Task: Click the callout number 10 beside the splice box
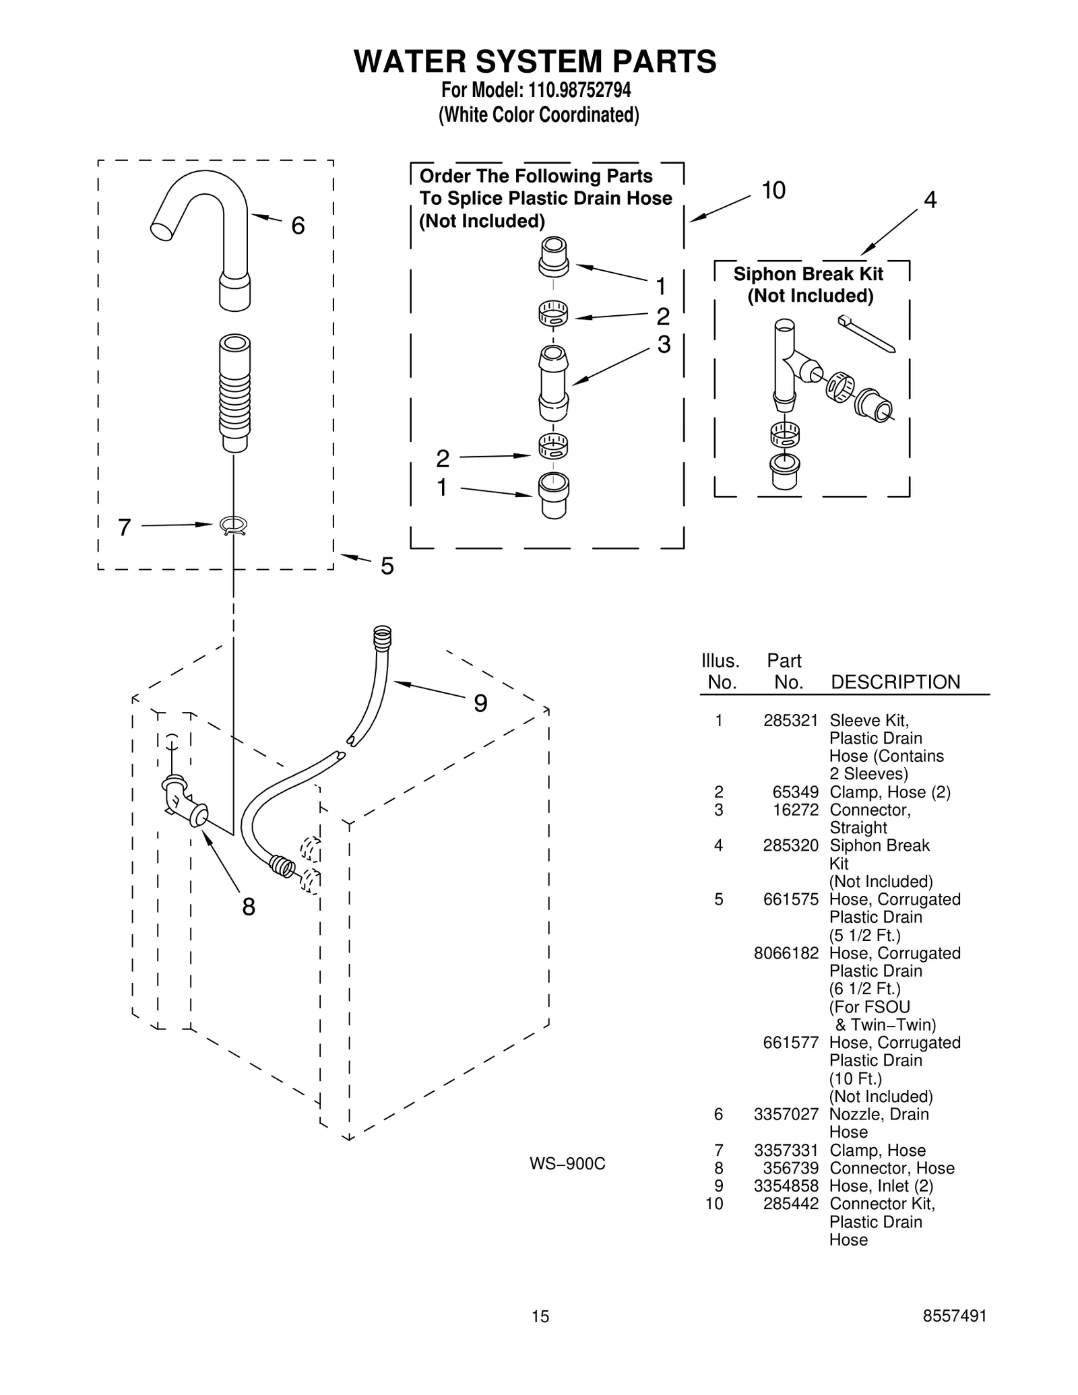pyautogui.click(x=773, y=191)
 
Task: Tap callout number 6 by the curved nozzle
pyautogui.click(x=298, y=226)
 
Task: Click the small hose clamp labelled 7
pyautogui.click(x=234, y=525)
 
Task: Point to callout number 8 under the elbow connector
pyautogui.click(x=249, y=907)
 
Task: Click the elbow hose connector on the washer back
pyautogui.click(x=183, y=802)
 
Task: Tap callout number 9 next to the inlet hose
pyautogui.click(x=480, y=703)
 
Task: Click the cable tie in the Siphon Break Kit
pyautogui.click(x=866, y=333)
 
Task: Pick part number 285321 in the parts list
pyautogui.click(x=790, y=721)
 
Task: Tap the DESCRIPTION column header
pyautogui.click(x=895, y=682)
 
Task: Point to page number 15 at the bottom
pyautogui.click(x=540, y=1316)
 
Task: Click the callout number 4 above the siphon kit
pyautogui.click(x=930, y=199)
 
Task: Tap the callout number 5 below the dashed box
pyautogui.click(x=387, y=566)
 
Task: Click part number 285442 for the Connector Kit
pyautogui.click(x=790, y=1204)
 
